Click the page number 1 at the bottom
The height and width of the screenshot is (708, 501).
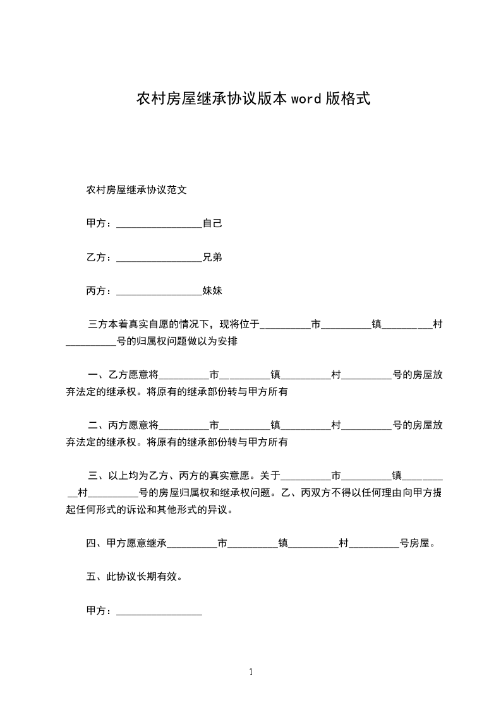tap(251, 672)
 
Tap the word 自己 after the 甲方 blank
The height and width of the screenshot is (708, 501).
tap(212, 223)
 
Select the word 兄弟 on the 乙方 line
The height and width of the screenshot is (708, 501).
tap(212, 257)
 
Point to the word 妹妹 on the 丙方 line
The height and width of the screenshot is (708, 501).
tap(212, 292)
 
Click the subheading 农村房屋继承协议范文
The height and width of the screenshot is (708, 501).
tap(136, 189)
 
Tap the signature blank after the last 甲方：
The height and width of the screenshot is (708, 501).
tap(159, 612)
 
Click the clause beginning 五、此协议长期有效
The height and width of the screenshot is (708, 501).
tap(135, 577)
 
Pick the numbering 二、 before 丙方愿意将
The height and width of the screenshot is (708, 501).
tap(97, 425)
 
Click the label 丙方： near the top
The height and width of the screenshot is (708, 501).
tap(100, 292)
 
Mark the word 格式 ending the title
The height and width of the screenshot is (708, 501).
tap(356, 98)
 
